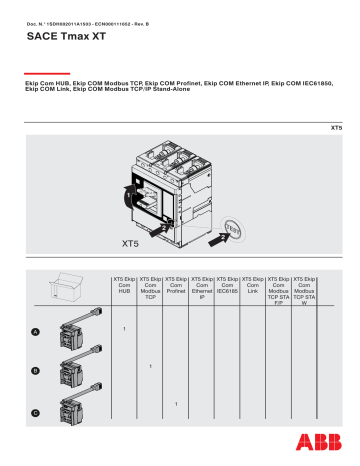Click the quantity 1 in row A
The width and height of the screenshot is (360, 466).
coord(124,328)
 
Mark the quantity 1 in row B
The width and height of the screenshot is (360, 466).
coord(150,366)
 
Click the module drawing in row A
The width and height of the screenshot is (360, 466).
coord(74,332)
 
